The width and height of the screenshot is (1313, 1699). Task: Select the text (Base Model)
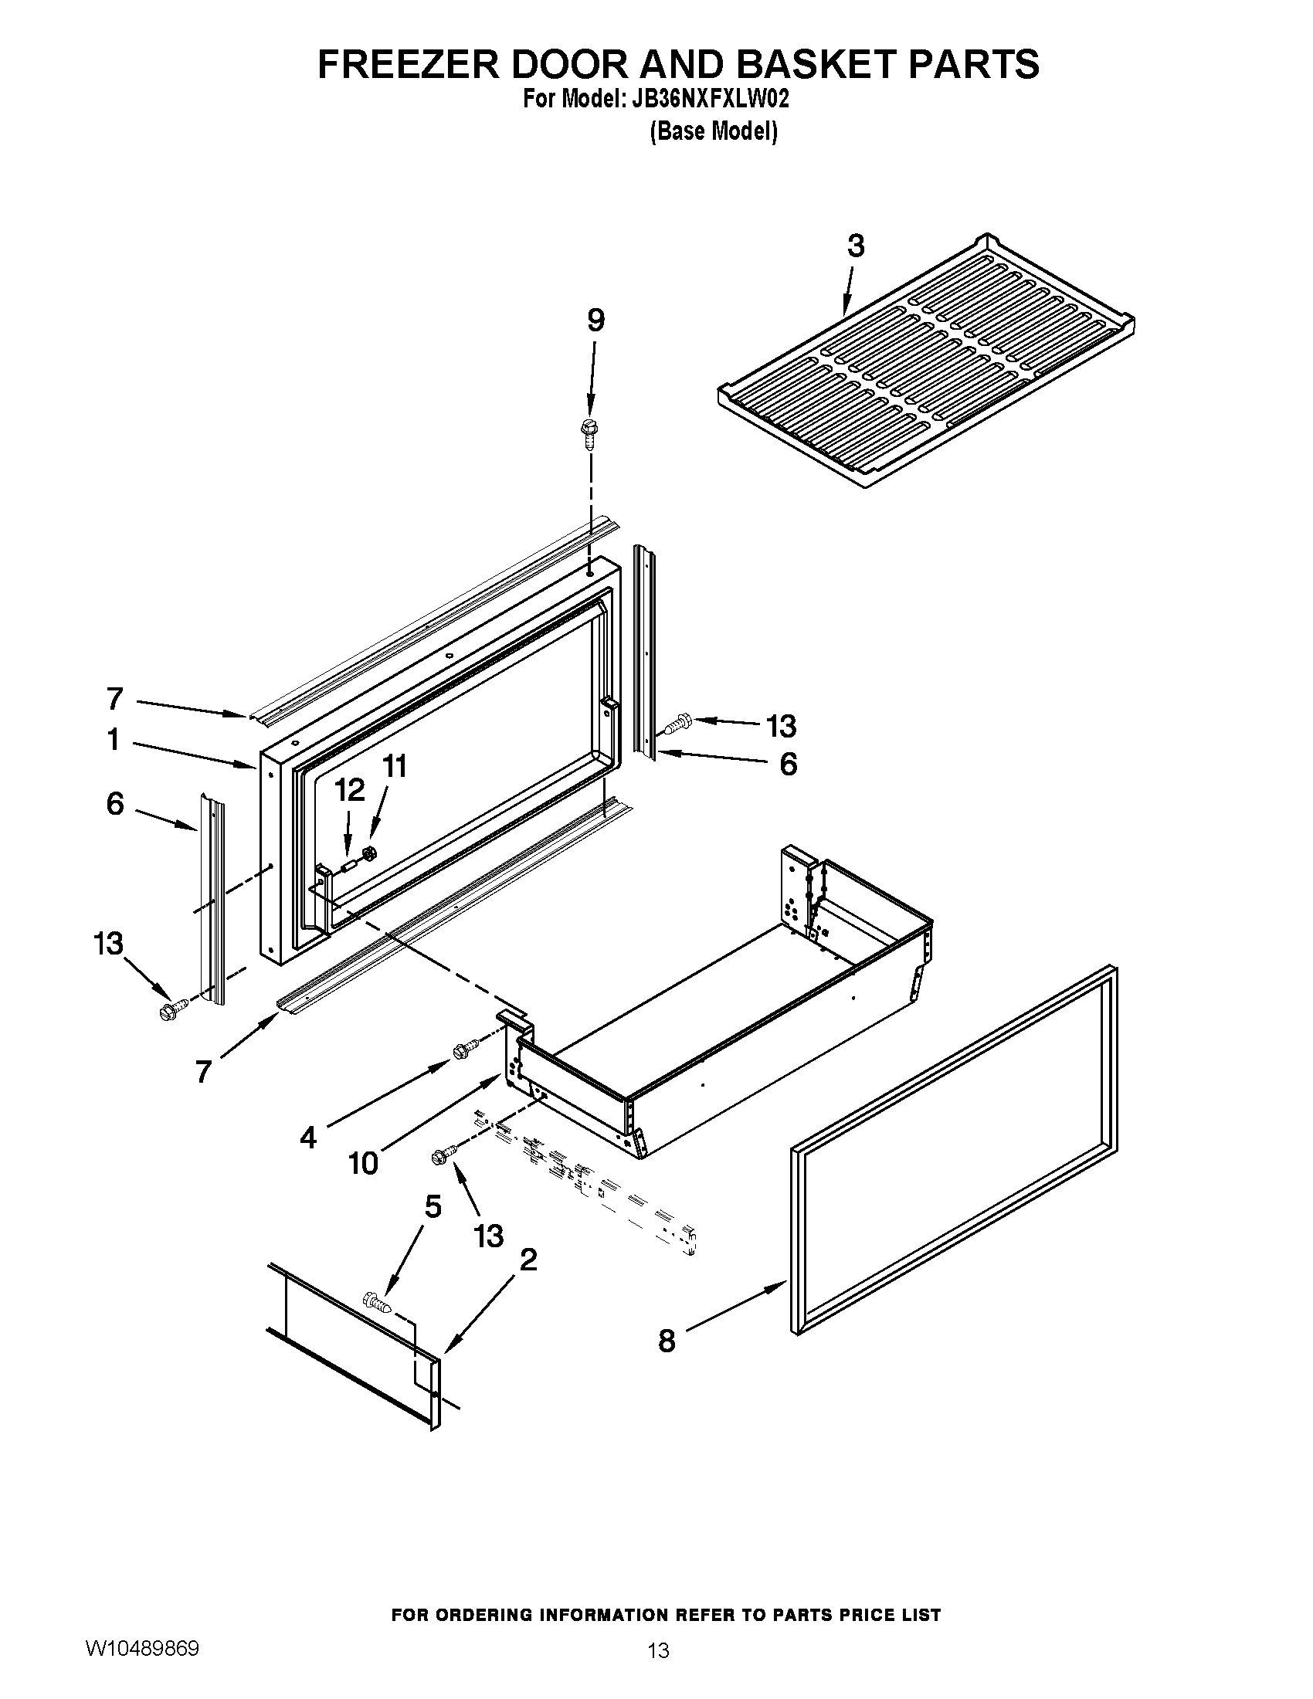point(714,132)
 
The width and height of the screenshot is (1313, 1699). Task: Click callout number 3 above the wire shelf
point(855,246)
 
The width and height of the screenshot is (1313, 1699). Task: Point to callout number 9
point(595,320)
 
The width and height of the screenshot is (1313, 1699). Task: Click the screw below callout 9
point(589,433)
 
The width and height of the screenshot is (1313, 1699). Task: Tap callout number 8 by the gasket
point(667,1341)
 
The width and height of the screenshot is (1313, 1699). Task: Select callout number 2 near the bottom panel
point(528,1260)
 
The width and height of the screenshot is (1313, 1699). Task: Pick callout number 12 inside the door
point(349,790)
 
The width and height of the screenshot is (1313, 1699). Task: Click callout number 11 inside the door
point(395,767)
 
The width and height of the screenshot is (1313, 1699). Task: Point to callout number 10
point(362,1163)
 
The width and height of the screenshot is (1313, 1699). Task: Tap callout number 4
point(308,1138)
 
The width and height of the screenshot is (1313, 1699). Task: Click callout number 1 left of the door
point(114,740)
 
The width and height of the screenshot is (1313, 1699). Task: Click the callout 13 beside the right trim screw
point(781,727)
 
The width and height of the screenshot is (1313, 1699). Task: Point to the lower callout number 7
point(203,1072)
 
